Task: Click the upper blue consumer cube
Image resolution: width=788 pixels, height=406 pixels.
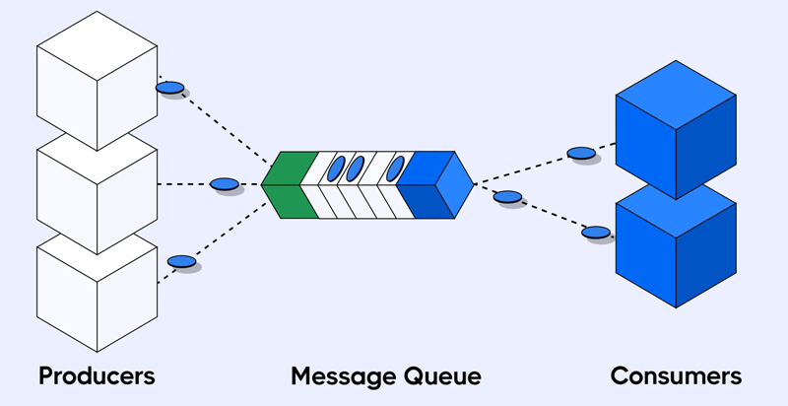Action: pyautogui.click(x=675, y=128)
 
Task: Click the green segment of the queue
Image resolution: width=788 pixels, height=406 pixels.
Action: pyautogui.click(x=293, y=184)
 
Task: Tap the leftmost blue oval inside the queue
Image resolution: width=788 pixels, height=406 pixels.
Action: pyautogui.click(x=336, y=169)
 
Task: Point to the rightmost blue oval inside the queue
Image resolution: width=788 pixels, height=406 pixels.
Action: pyautogui.click(x=396, y=169)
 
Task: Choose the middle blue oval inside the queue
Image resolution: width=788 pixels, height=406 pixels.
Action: pyautogui.click(x=356, y=169)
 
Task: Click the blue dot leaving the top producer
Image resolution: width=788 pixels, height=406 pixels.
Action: pyautogui.click(x=169, y=88)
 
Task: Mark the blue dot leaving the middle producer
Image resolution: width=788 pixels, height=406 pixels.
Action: pyautogui.click(x=225, y=183)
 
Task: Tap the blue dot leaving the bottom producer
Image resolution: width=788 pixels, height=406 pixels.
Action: pyautogui.click(x=181, y=261)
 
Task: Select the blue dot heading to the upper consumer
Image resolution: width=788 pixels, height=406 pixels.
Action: pyautogui.click(x=581, y=153)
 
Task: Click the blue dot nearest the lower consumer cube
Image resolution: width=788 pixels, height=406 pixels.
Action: pyautogui.click(x=596, y=233)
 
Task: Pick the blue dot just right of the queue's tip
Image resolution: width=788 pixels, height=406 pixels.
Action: pyautogui.click(x=507, y=196)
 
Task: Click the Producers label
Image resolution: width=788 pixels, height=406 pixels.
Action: pyautogui.click(x=97, y=375)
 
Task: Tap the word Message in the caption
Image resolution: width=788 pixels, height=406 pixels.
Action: pyautogui.click(x=344, y=376)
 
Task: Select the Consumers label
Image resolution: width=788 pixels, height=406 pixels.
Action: pyautogui.click(x=676, y=375)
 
